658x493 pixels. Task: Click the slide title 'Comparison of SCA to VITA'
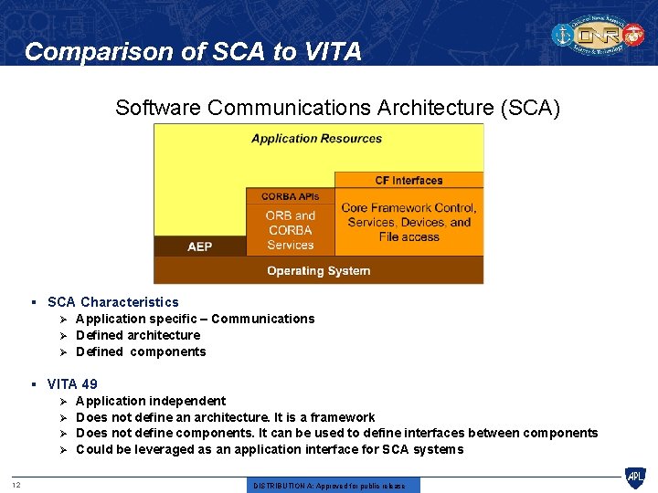coord(193,52)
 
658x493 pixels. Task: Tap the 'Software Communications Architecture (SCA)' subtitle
coord(337,108)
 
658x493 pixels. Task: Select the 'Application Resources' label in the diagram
coord(316,139)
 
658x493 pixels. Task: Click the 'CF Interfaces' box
coord(409,181)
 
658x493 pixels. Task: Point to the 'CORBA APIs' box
coord(290,196)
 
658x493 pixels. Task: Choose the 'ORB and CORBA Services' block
coord(290,230)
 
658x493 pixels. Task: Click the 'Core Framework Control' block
coord(409,222)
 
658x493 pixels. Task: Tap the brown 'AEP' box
coord(199,246)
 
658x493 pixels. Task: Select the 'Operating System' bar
coord(318,270)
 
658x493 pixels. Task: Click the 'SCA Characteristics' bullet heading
coord(113,302)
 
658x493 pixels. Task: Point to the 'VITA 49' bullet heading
coord(72,384)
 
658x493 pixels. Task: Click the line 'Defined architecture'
coord(138,335)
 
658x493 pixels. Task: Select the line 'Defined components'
coord(141,351)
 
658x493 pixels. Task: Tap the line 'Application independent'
coord(151,401)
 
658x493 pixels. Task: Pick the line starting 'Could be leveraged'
coord(270,449)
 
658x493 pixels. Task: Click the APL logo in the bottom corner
coord(634,477)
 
